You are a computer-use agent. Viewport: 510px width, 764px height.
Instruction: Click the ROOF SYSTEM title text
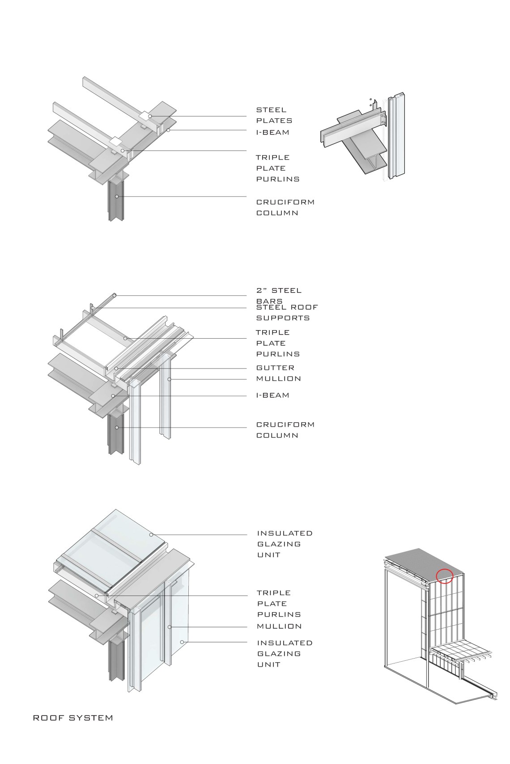click(x=73, y=718)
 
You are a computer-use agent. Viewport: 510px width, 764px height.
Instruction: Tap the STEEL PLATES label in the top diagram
click(x=274, y=115)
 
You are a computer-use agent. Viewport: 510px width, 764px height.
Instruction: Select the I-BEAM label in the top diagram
click(x=272, y=132)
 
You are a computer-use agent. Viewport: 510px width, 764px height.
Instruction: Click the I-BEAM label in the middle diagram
click(x=272, y=395)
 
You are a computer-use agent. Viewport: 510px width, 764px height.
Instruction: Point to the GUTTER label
click(x=275, y=368)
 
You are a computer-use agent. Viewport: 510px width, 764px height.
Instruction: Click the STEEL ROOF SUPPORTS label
click(x=286, y=312)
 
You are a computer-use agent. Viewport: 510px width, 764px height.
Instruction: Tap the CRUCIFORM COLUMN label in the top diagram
click(x=285, y=207)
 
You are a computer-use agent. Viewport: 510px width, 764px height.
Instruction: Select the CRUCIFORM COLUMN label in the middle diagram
click(x=285, y=430)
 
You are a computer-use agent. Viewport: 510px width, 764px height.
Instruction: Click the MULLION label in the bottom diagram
click(x=279, y=626)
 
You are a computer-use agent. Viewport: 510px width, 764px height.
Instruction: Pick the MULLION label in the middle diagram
click(x=278, y=378)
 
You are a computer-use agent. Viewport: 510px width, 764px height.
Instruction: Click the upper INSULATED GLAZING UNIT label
click(x=285, y=544)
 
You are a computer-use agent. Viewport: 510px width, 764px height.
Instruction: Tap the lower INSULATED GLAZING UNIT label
click(x=285, y=653)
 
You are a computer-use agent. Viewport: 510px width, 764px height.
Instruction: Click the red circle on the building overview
click(x=444, y=576)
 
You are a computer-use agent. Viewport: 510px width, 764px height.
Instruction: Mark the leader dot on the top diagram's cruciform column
click(x=117, y=196)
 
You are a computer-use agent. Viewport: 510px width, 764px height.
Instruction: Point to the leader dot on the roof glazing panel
click(x=151, y=534)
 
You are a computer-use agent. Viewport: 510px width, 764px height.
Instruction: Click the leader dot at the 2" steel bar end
click(x=115, y=295)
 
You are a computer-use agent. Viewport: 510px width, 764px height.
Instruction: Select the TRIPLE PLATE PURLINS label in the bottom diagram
click(x=279, y=604)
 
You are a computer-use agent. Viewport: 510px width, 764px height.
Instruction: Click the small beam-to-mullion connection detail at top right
click(x=365, y=139)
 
